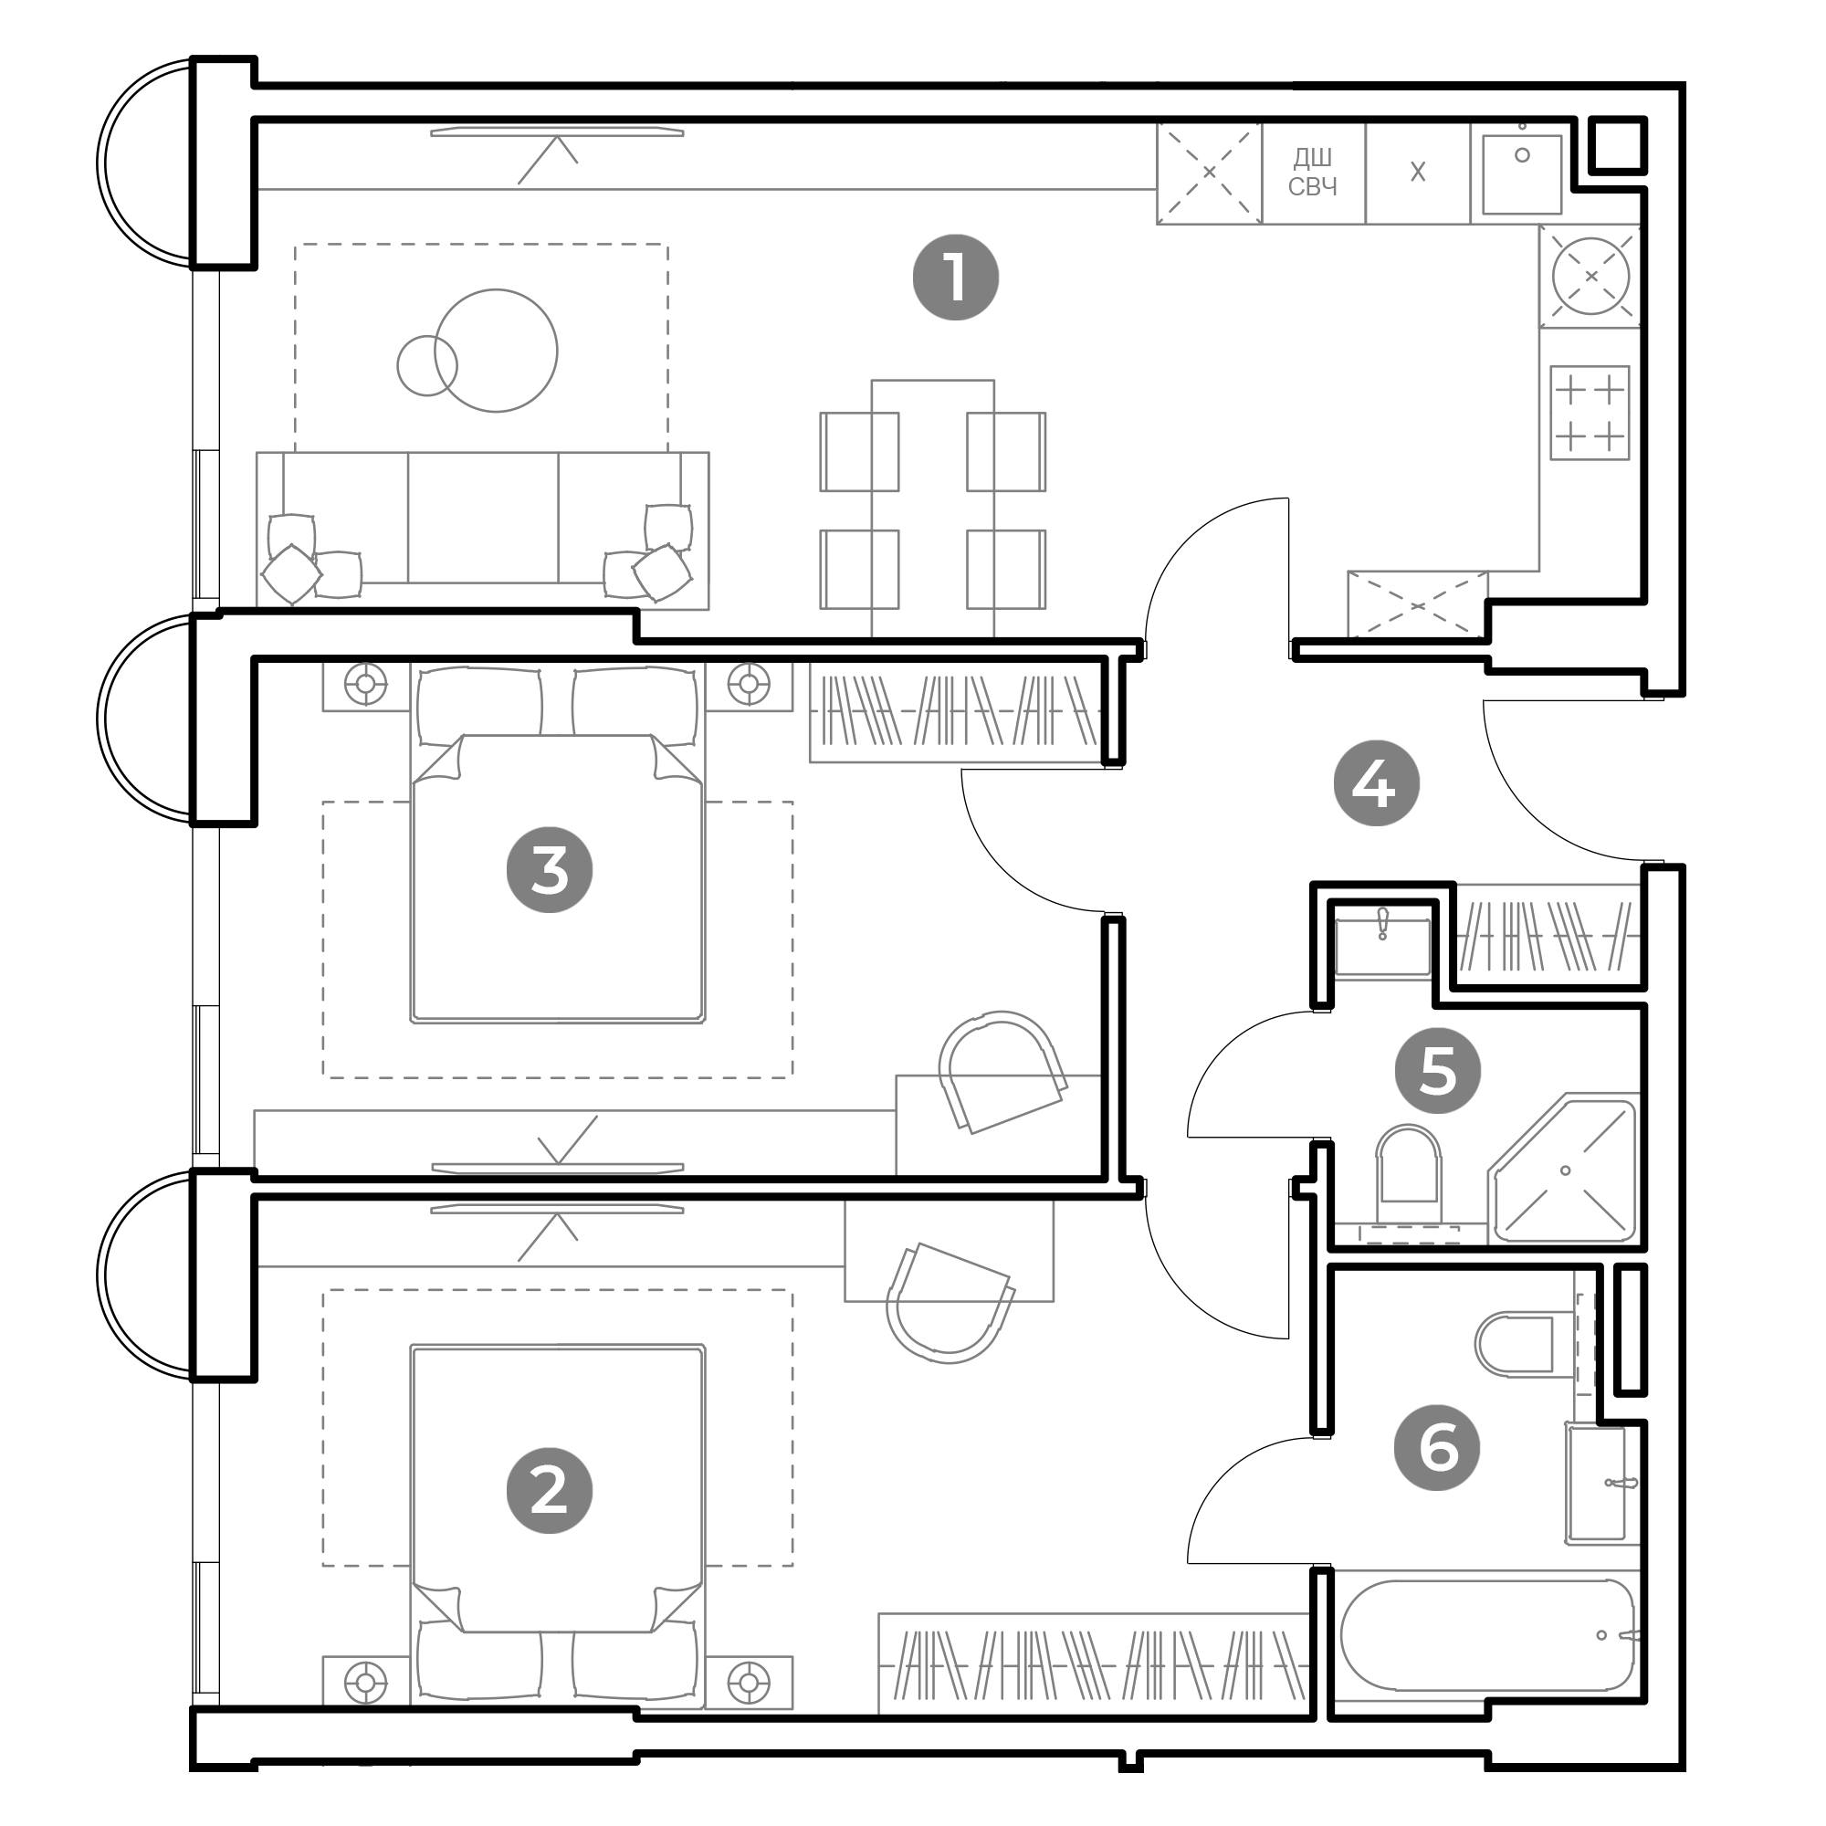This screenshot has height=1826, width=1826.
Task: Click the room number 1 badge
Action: pyautogui.click(x=956, y=278)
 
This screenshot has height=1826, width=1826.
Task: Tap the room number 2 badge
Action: pyautogui.click(x=549, y=1491)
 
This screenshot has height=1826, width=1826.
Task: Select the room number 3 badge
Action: pyautogui.click(x=549, y=869)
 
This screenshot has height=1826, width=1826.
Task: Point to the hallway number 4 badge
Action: pyautogui.click(x=1376, y=782)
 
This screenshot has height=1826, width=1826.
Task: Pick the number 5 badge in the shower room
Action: pyautogui.click(x=1438, y=1071)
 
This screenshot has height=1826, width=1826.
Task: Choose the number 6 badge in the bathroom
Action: pyautogui.click(x=1438, y=1447)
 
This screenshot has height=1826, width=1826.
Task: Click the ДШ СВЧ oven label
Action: pyautogui.click(x=1313, y=172)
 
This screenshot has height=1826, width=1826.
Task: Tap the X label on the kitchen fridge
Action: pyautogui.click(x=1418, y=172)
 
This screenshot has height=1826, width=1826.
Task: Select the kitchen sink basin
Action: pyautogui.click(x=1522, y=173)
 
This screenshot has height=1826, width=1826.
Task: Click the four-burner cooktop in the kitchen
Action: pyautogui.click(x=1590, y=413)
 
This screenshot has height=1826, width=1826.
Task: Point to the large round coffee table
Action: pyautogui.click(x=496, y=351)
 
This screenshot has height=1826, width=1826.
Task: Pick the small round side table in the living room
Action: pyautogui.click(x=427, y=366)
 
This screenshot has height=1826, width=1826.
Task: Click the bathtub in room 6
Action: pyautogui.click(x=1487, y=1635)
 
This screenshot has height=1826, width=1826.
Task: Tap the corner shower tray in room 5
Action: pyautogui.click(x=1563, y=1170)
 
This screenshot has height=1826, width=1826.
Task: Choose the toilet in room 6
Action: pyautogui.click(x=1514, y=1344)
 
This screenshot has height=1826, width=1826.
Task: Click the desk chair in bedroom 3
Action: pyautogui.click(x=1002, y=1070)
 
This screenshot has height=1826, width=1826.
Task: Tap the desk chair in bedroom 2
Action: pyautogui.click(x=949, y=1304)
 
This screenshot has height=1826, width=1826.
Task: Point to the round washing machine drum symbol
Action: pyautogui.click(x=1590, y=276)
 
